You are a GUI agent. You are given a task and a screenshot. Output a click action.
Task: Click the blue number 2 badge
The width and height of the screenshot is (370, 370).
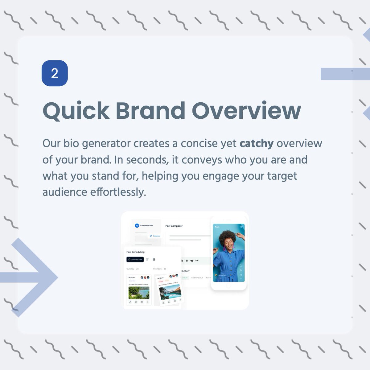(x=55, y=73)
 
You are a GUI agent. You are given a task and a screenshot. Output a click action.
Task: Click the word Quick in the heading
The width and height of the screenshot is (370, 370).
(x=76, y=110)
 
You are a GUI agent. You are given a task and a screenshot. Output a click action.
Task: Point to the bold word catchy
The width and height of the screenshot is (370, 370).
(x=257, y=143)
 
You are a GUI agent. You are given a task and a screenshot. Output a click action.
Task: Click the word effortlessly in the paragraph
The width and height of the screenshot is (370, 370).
(x=118, y=192)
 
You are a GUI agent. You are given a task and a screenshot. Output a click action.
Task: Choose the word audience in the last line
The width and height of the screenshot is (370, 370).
(x=65, y=192)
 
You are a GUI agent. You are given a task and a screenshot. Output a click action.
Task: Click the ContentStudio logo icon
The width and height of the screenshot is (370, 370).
(x=137, y=226)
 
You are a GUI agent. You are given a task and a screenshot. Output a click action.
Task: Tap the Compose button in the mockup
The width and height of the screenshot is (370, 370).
(x=155, y=236)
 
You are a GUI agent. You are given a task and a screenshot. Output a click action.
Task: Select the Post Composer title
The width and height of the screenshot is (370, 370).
(x=174, y=226)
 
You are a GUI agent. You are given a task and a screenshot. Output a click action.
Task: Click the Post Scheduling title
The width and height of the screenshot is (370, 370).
(x=135, y=252)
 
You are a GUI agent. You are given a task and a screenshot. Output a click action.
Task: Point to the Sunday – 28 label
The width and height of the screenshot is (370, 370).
(x=133, y=269)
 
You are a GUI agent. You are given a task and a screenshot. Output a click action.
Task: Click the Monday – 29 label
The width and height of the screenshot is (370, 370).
(x=160, y=269)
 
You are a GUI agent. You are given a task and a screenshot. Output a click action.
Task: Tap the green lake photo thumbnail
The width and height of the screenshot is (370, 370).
(x=139, y=293)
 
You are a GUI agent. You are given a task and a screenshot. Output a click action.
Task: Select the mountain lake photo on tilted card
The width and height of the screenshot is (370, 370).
(x=170, y=292)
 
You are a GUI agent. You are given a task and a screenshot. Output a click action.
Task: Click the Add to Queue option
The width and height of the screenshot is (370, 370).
(x=197, y=278)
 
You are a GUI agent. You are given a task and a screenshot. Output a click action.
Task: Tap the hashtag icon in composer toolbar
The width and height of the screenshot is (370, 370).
(x=187, y=261)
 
